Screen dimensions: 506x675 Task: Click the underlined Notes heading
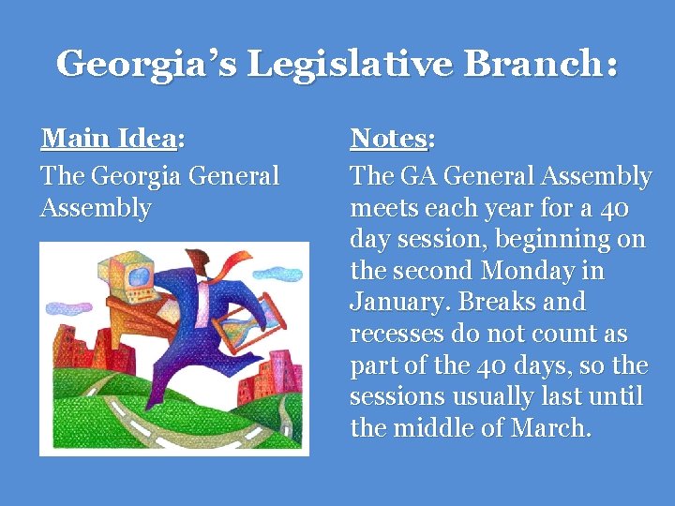[x=389, y=139]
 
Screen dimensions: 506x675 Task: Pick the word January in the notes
[x=395, y=303]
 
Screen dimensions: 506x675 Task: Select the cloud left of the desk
[x=65, y=306]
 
